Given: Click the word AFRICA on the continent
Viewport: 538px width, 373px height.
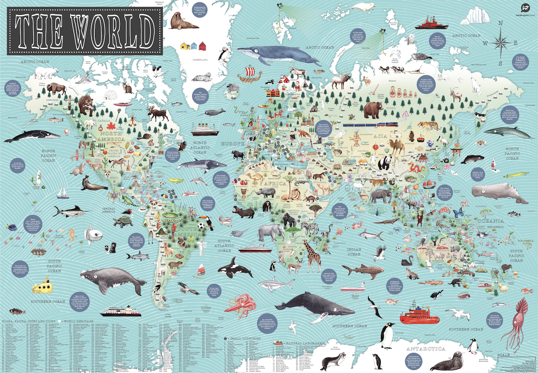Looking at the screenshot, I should (x=275, y=183).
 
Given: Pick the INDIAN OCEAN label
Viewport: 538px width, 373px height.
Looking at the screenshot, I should (x=354, y=252).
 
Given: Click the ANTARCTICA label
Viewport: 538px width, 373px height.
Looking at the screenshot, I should (x=426, y=349).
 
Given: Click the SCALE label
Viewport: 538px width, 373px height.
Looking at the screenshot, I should (x=503, y=355).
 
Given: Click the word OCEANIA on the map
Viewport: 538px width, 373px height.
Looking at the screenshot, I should (x=491, y=221).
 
